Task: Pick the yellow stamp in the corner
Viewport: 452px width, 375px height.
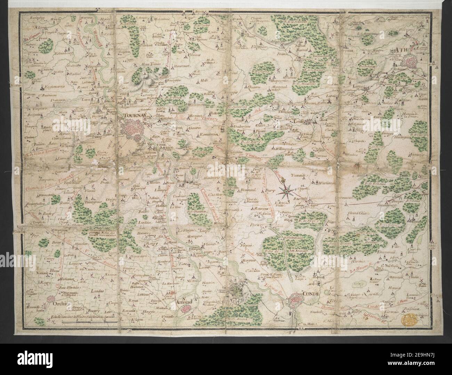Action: tap(409, 318)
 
